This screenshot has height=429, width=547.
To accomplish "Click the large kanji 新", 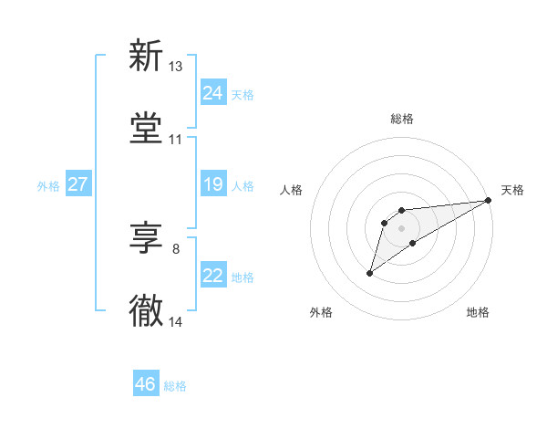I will (x=146, y=57).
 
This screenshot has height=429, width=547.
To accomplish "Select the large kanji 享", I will (x=146, y=239).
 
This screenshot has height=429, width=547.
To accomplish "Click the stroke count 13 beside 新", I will (x=176, y=67).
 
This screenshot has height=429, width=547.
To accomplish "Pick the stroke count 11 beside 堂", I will (x=176, y=140).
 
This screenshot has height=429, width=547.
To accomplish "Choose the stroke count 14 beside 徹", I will (x=176, y=322).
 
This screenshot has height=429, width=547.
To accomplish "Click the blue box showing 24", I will (x=213, y=93).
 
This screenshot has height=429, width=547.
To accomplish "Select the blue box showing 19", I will (x=213, y=185).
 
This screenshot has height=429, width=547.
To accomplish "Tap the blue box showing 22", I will (x=213, y=276).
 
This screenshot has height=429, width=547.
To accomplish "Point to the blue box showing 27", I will (x=77, y=185).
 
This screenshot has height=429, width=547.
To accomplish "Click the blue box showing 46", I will (x=146, y=384).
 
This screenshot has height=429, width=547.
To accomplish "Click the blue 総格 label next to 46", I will (x=175, y=386).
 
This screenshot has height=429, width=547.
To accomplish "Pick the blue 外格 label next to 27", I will (x=48, y=186).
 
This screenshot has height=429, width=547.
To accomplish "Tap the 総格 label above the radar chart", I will (x=401, y=119).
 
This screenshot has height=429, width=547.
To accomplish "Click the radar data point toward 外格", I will (x=370, y=273).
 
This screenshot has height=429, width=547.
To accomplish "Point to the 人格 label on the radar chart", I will (x=292, y=190).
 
